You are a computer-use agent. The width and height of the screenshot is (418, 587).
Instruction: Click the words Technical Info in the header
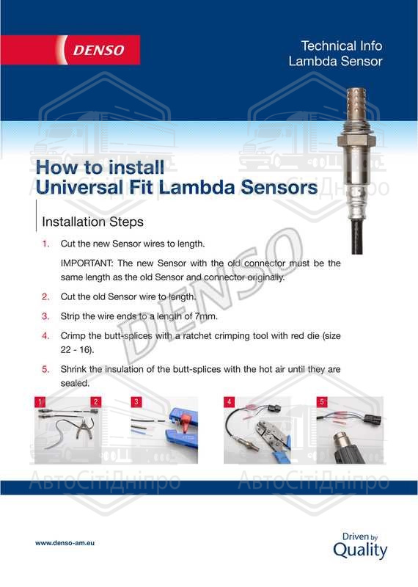pos(341,45)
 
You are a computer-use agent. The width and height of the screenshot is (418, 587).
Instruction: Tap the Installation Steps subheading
pos(93,222)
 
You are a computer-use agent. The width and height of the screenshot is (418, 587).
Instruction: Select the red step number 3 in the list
pos(45,316)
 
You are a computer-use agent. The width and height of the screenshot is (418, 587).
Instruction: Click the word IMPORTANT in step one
pos(86,263)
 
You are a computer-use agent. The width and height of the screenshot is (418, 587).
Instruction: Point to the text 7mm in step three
pos(206,316)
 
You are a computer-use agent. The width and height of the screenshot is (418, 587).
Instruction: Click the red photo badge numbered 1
pos(40,401)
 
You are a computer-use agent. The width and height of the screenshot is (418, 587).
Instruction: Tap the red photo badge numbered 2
pos(96,401)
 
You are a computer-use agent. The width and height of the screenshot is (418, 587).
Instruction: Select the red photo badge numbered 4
pos(229,401)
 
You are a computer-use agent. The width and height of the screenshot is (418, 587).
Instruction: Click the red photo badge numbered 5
pos(322,401)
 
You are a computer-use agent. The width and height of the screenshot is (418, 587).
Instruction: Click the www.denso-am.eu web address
pos(65,543)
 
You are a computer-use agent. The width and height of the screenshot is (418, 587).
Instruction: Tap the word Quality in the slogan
pos(360,551)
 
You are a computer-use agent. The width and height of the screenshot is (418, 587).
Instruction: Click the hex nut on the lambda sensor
pos(356,141)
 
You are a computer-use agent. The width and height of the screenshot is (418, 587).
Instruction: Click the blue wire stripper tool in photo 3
pos(182,431)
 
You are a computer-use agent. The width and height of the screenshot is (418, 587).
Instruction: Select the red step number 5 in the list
pos(45,370)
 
